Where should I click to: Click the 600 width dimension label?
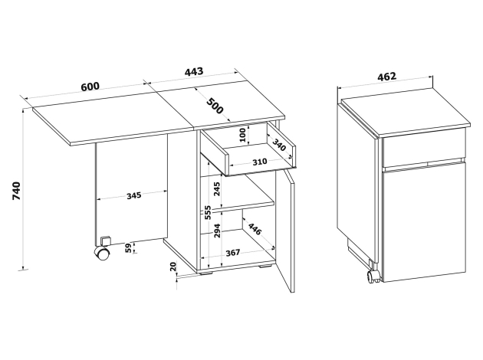(x=90, y=86)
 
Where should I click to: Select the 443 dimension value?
(x=194, y=71)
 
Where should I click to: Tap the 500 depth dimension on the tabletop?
(x=215, y=106)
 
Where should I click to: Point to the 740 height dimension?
(x=16, y=191)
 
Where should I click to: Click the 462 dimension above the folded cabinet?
(x=387, y=77)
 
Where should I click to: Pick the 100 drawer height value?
(x=243, y=135)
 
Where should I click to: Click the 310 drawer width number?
(x=260, y=162)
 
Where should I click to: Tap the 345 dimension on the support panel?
(x=134, y=195)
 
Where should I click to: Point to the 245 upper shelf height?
(x=217, y=189)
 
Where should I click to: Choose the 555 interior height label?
(x=208, y=212)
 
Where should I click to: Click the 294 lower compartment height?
(x=217, y=231)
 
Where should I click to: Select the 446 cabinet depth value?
(x=255, y=229)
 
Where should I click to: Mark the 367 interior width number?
(x=233, y=253)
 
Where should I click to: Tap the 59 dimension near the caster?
(x=129, y=247)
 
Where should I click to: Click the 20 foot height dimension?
(x=173, y=267)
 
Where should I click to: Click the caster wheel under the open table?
(x=102, y=254)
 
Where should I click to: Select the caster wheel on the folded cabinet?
(x=373, y=276)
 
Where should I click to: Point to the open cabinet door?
(x=285, y=231)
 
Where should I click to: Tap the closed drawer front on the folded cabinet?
(x=423, y=148)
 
